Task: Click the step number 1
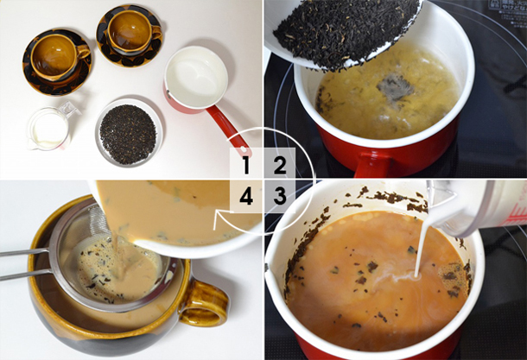pyautogui.click(x=246, y=165)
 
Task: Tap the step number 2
pyautogui.click(x=280, y=165)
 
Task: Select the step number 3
pyautogui.click(x=280, y=196)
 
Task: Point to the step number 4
pyautogui.click(x=246, y=196)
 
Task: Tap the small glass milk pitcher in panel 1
pyautogui.click(x=50, y=127)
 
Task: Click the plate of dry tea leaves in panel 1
pyautogui.click(x=128, y=133)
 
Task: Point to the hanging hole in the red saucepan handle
pyautogui.click(x=244, y=148)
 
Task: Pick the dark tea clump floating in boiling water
pyautogui.click(x=396, y=88)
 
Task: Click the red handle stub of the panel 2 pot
pyautogui.click(x=372, y=165)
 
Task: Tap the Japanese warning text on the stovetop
pyautogui.click(x=508, y=9)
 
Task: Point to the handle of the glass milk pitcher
pyautogui.click(x=68, y=110)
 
